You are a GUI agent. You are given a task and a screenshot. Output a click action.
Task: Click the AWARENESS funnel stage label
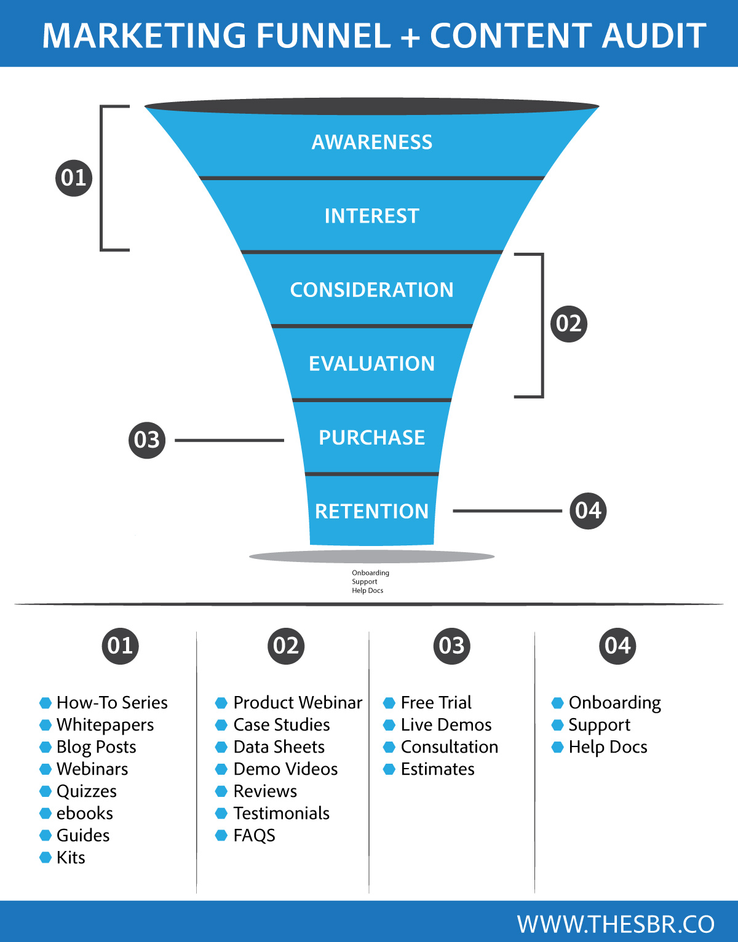coord(372,142)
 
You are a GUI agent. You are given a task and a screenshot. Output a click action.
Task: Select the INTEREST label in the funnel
coord(372,216)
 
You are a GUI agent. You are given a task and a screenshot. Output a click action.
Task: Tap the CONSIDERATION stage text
coord(372,290)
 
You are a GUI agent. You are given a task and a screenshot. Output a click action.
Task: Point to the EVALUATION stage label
coord(372,363)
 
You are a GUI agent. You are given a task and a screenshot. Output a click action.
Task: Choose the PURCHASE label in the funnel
coord(372,437)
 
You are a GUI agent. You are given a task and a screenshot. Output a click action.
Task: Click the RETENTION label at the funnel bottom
coord(372,511)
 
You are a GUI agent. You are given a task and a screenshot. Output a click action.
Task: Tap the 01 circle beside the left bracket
coord(74,178)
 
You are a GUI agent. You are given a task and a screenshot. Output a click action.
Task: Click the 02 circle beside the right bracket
coord(568,323)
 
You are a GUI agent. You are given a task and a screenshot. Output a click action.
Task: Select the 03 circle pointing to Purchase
coord(147,440)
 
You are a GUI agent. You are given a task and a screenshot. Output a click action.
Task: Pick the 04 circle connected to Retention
coord(588,510)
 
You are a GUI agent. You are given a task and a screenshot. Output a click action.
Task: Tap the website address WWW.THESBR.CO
coord(616,924)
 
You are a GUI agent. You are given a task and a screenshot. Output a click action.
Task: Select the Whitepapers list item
coord(105,725)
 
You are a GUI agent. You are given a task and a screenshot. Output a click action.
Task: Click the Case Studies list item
coord(282,725)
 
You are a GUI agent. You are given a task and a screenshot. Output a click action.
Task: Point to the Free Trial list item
coord(436,702)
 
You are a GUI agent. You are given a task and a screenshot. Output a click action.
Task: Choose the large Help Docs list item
coord(608,747)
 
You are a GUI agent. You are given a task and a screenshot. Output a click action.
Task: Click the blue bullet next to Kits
coord(46,857)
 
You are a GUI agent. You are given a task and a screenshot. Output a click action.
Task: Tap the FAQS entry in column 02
coord(254,836)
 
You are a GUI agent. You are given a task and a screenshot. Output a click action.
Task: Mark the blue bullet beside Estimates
coord(389,769)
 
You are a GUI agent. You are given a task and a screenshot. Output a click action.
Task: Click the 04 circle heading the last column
coord(617,646)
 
